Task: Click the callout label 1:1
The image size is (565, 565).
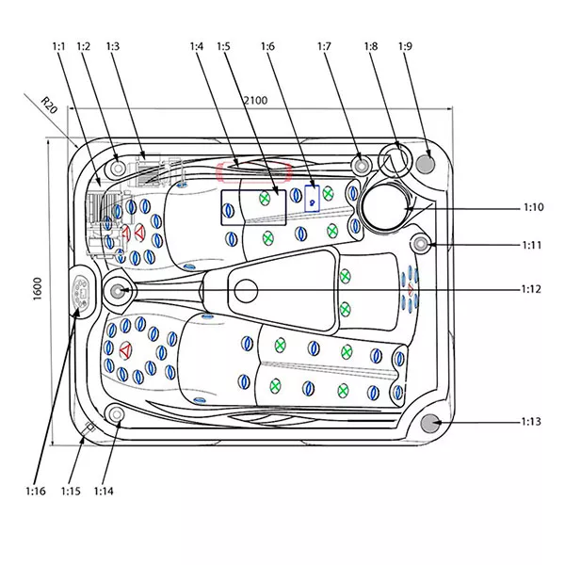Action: pos(58,46)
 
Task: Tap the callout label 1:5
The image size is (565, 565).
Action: pos(223,46)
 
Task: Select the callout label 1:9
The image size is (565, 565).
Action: pos(405,46)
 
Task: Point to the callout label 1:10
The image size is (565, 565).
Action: pos(533,207)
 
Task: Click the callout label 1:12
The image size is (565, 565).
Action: pos(531,289)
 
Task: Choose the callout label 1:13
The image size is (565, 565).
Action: pos(531,421)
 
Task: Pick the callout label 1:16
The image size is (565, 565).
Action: pos(36,491)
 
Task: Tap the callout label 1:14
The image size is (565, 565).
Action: pos(104,491)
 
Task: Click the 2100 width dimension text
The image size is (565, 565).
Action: pos(255,100)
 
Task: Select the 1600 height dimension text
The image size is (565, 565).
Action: pos(37,289)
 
